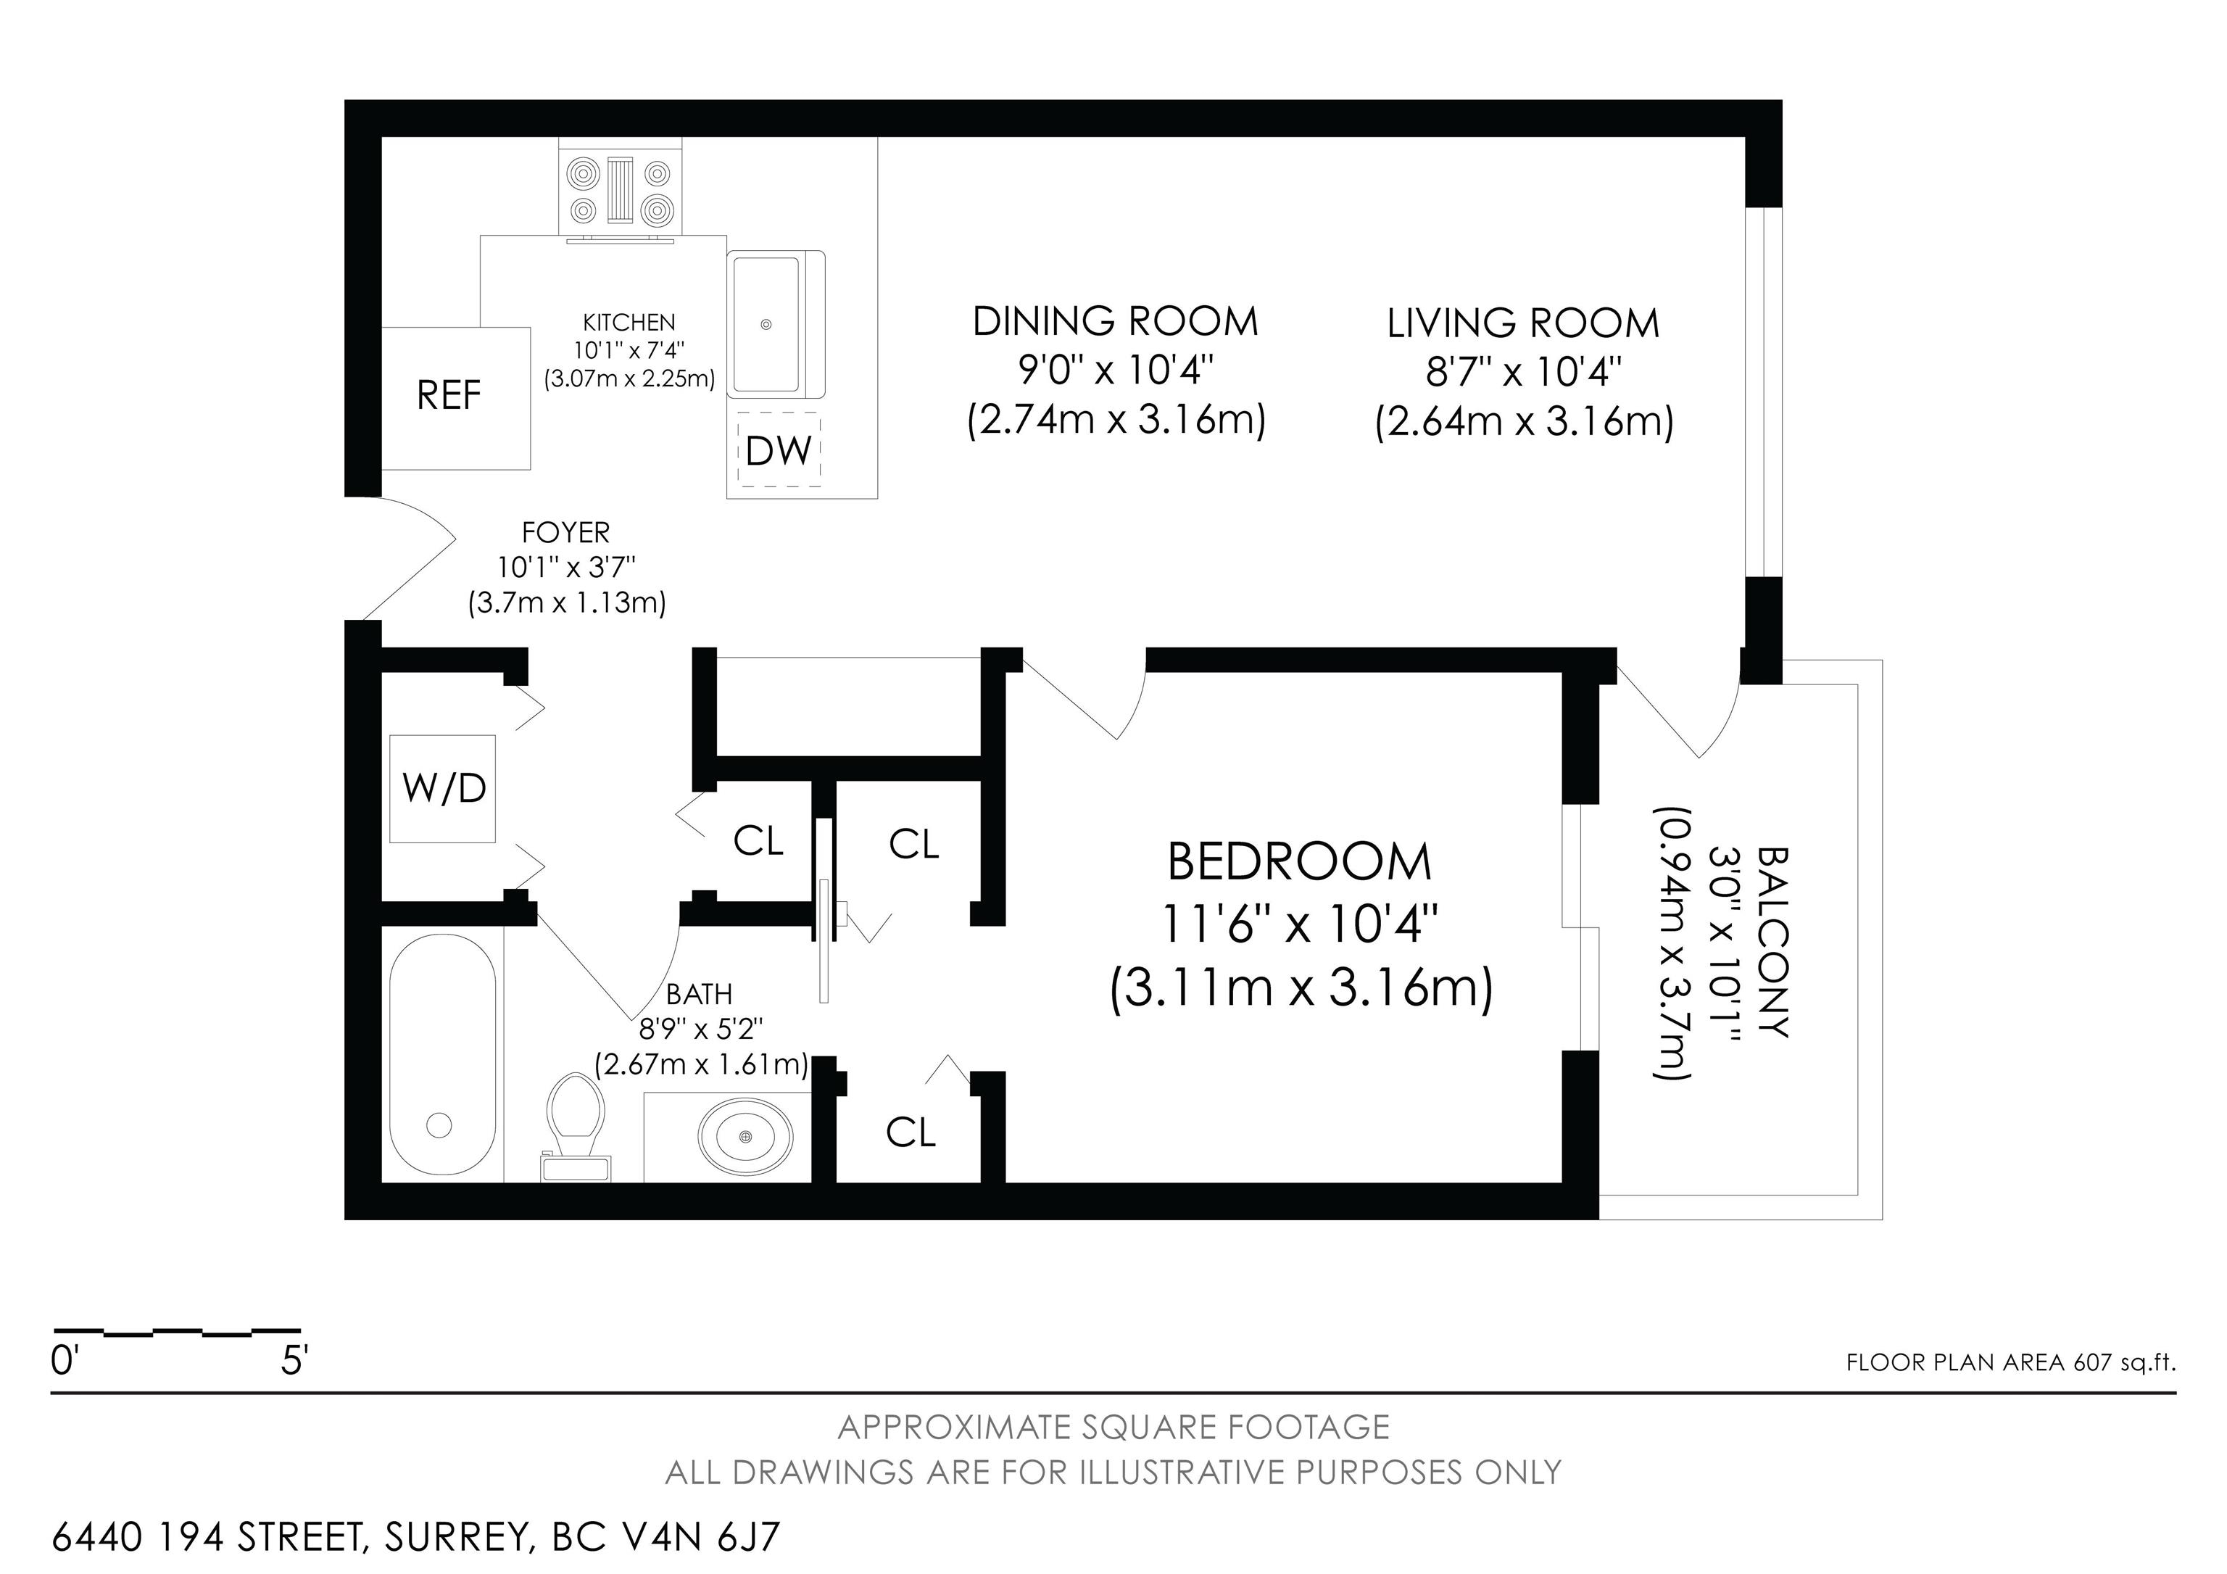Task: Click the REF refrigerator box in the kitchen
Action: [456, 397]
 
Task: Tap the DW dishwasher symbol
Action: [779, 449]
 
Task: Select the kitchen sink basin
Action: [776, 323]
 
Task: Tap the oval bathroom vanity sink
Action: [746, 1135]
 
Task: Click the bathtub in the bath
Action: [443, 1055]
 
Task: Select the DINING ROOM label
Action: [1116, 321]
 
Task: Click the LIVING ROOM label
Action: [1523, 323]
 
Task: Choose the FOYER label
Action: [566, 532]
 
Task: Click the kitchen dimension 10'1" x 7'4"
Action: [629, 350]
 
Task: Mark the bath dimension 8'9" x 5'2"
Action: [700, 1028]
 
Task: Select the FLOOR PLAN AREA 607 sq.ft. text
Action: [2011, 1362]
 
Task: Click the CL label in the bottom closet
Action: [911, 1132]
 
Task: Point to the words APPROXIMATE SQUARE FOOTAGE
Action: [1113, 1427]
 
